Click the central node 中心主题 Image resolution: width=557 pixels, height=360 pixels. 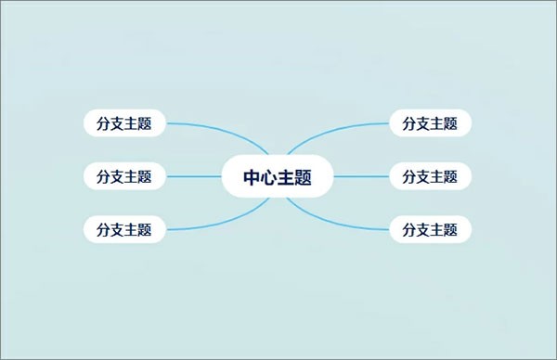point(278,176)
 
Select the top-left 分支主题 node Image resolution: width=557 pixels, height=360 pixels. point(124,122)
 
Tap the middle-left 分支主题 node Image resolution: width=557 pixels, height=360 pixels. point(124,175)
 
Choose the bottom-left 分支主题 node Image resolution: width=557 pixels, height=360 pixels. point(124,229)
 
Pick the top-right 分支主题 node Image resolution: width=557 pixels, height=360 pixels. point(431,122)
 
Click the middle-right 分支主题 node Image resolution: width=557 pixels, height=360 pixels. point(431,175)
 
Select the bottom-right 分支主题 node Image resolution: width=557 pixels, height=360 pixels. point(431,229)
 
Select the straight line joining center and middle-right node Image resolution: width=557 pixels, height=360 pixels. point(361,176)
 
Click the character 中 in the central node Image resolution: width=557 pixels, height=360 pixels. point(253,176)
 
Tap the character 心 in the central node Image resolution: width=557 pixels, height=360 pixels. point(269,176)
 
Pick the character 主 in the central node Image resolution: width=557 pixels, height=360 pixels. point(286,176)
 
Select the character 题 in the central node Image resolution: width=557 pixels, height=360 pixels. point(303,176)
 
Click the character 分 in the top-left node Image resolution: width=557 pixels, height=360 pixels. point(103,122)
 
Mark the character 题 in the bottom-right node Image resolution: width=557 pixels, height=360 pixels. point(451,229)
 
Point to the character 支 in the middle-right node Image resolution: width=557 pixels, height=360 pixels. point(423,175)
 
